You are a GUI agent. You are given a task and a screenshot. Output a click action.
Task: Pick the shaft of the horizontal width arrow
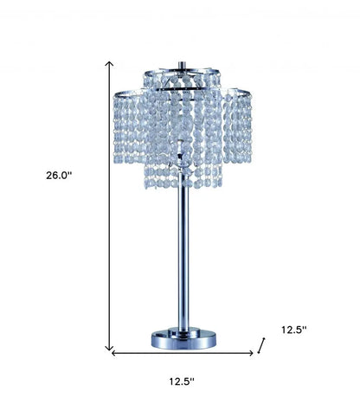[x=182, y=352]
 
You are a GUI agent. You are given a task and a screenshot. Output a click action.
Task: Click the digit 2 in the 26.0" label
[x=50, y=175]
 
